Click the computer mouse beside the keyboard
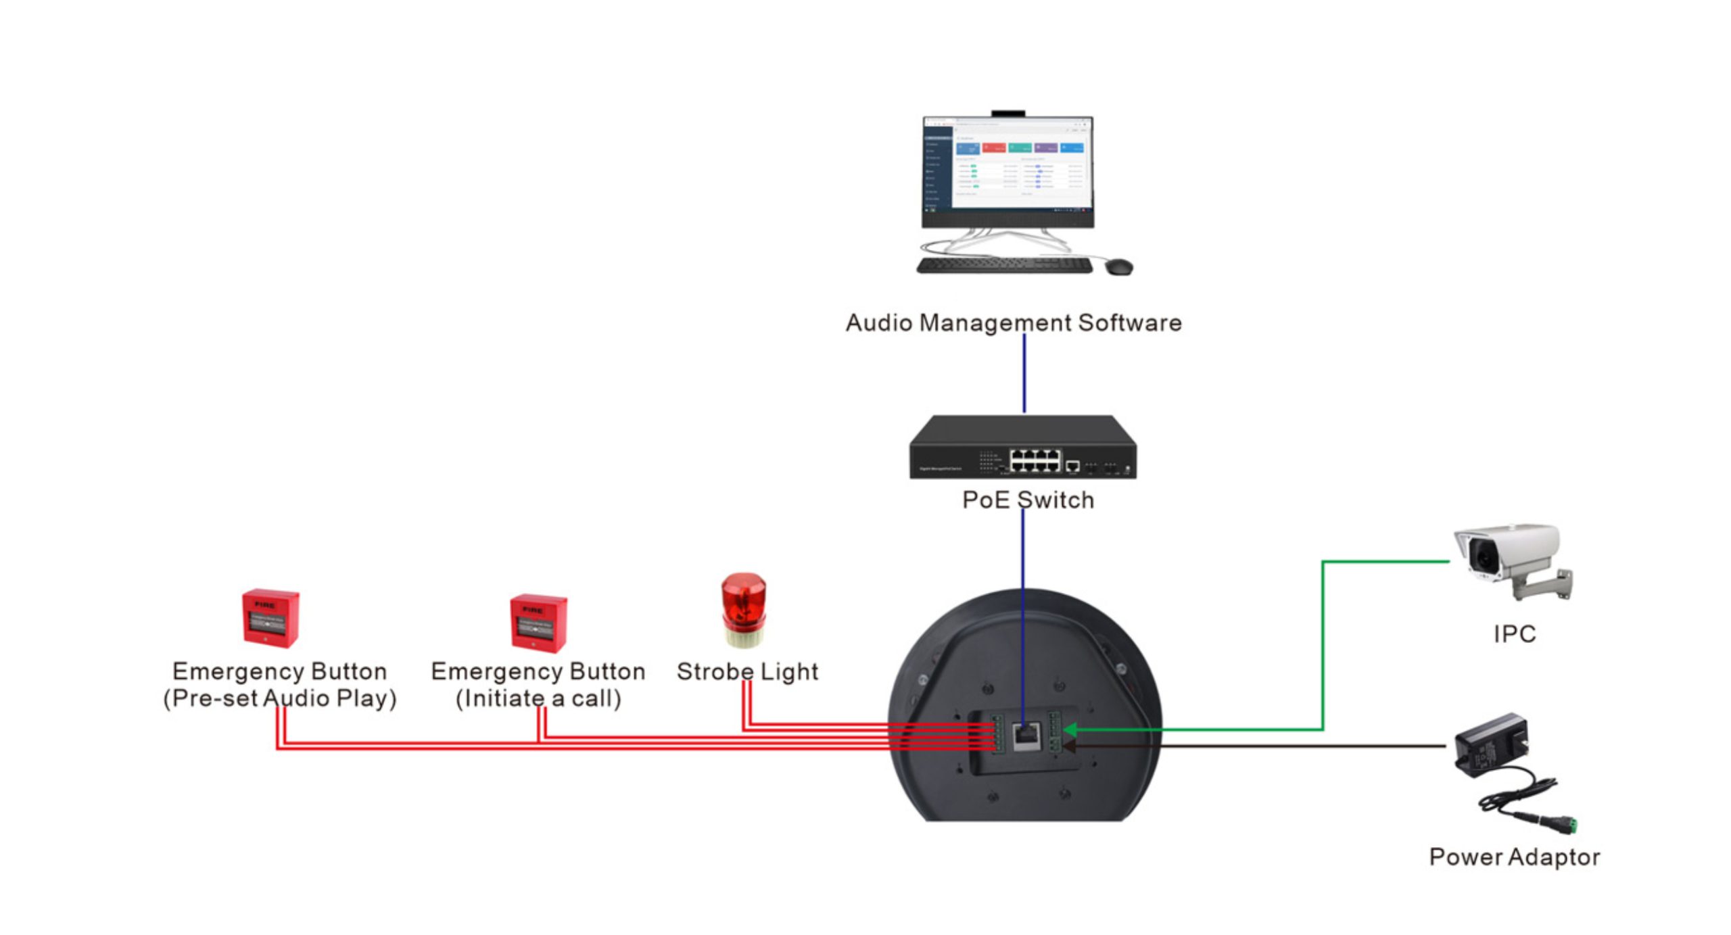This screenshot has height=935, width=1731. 1118,266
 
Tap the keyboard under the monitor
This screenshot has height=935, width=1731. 1004,265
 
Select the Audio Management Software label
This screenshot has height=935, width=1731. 1013,322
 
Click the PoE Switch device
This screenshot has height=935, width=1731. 1022,448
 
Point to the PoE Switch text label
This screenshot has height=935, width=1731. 1028,500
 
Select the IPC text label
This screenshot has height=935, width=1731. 1514,633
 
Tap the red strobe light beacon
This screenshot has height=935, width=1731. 743,608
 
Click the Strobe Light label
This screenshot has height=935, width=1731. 747,671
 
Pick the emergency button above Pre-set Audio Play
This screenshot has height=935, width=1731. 270,618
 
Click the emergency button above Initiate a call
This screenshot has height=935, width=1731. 538,623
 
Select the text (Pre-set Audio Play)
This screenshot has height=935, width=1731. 280,698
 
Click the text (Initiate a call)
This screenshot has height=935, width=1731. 538,698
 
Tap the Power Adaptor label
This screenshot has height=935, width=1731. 1514,857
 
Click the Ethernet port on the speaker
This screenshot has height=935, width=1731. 1026,736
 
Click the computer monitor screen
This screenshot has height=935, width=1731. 1007,166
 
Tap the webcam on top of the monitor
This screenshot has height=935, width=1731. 1007,114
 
